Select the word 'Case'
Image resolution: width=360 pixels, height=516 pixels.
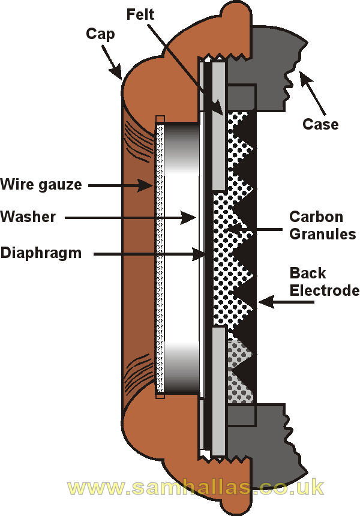320,124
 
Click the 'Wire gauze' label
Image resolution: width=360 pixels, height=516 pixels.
41,184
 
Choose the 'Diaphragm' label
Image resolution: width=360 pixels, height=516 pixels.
41,253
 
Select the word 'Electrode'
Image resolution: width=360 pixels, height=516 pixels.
325,291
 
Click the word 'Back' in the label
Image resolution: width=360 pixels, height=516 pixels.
308,274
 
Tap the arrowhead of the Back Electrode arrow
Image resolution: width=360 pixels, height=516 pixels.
259,304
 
